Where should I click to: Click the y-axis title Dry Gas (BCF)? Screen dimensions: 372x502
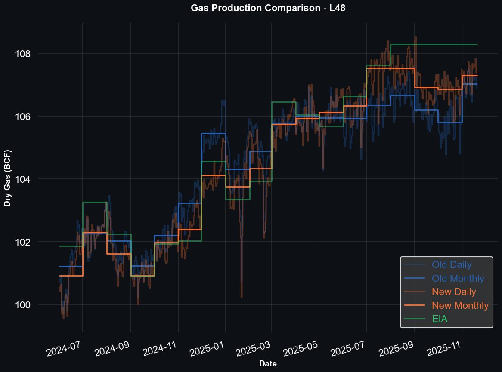point(7,178)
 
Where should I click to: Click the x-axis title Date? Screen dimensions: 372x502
point(268,364)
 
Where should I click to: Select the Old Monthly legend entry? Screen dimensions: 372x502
point(458,279)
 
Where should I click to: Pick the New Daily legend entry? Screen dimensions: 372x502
point(454,292)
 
